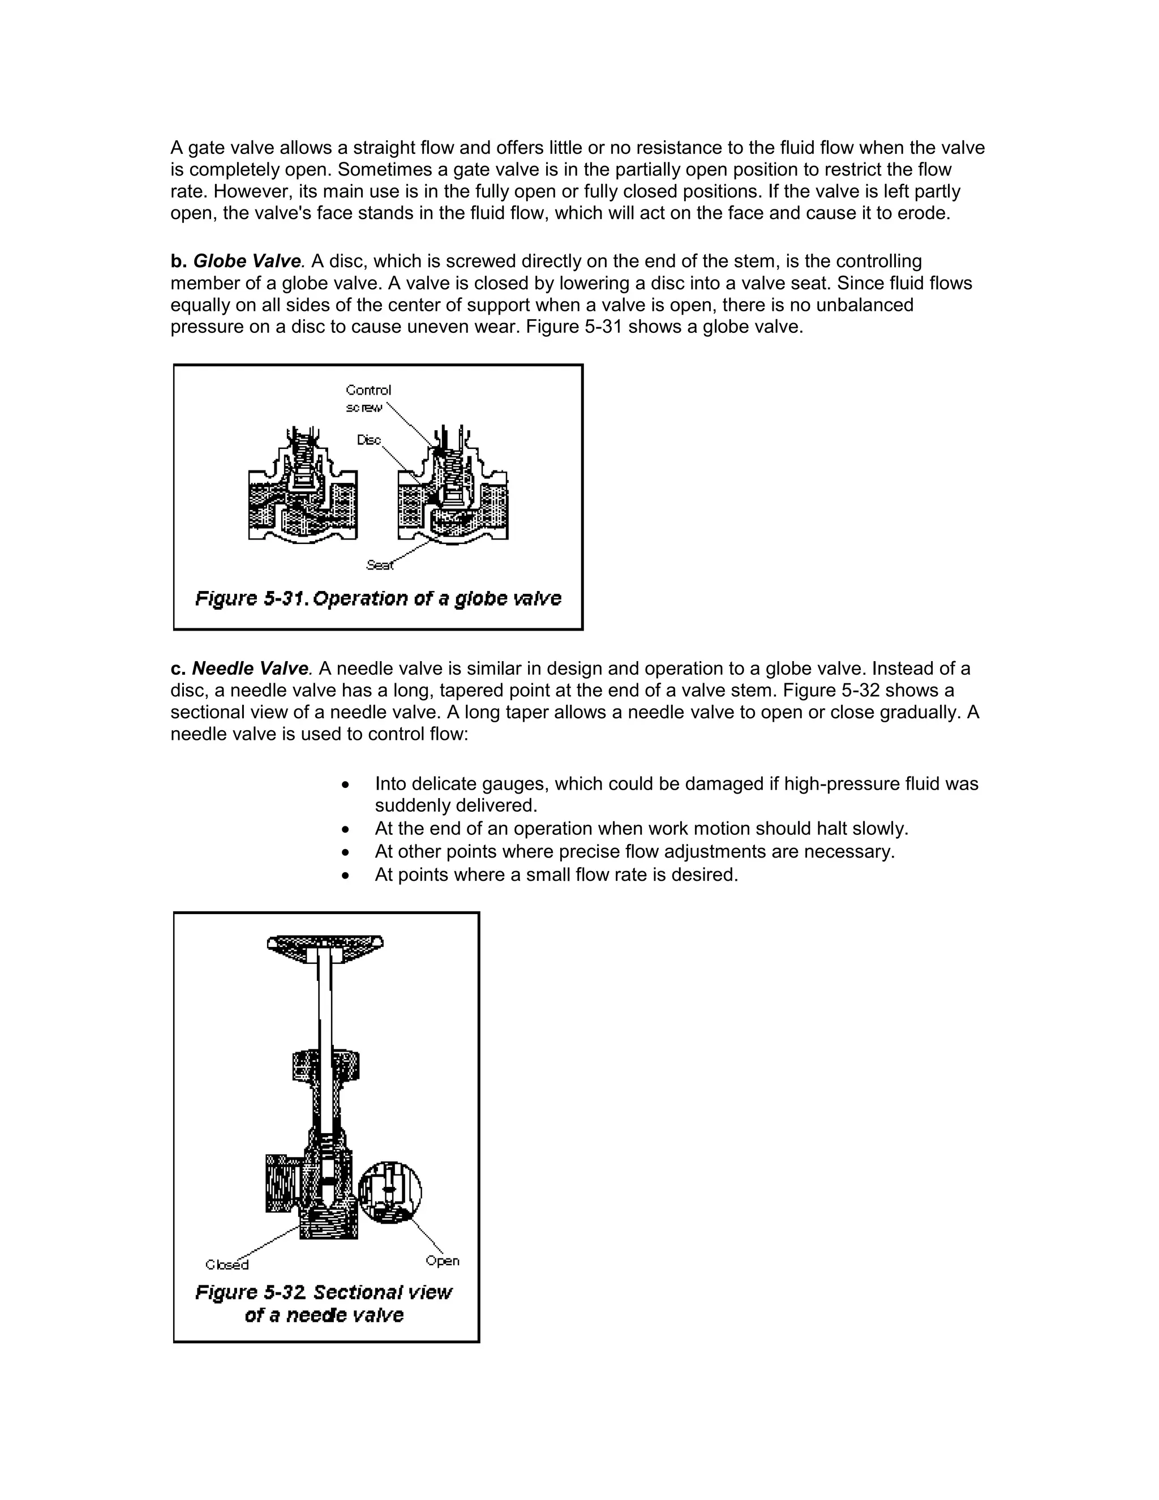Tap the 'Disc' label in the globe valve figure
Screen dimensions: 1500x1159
[369, 440]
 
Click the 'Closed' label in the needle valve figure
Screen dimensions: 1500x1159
[226, 1265]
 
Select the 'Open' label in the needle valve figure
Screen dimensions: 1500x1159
[442, 1261]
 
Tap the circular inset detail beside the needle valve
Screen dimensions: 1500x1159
[389, 1192]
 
